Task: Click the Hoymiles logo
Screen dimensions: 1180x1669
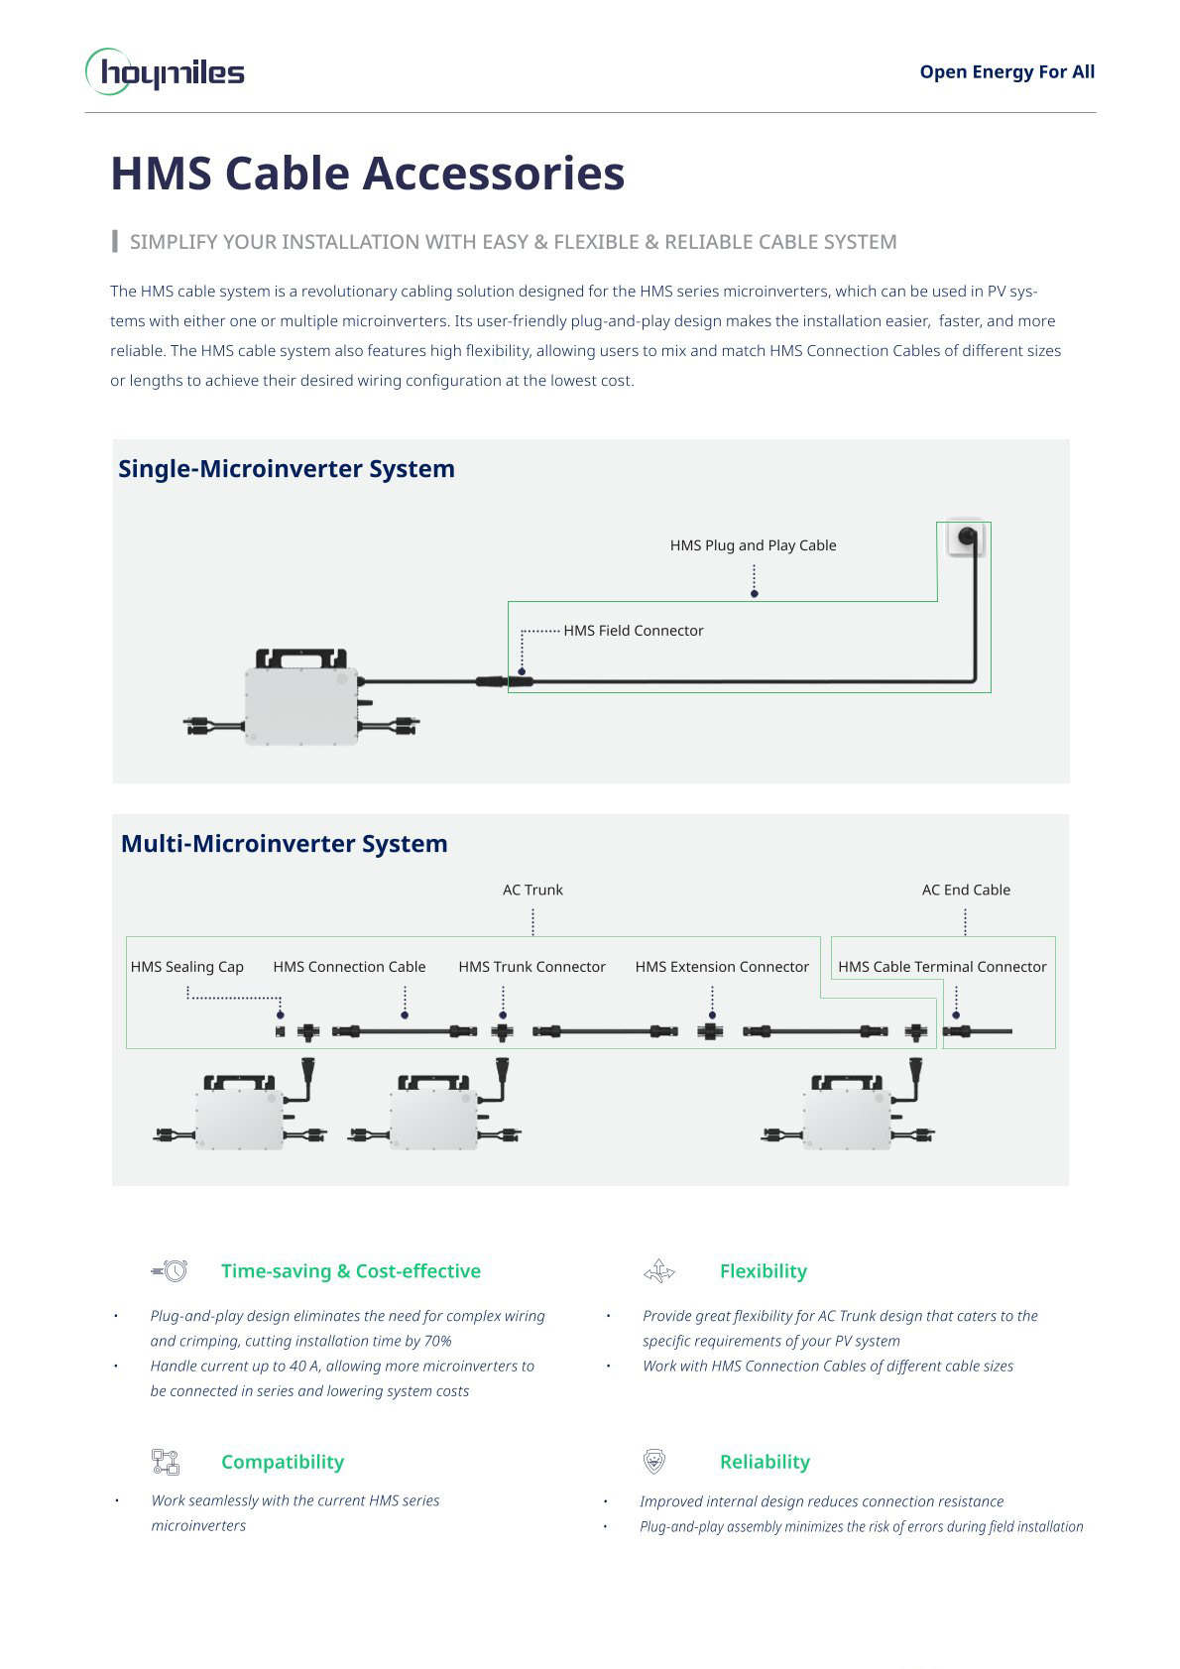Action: (165, 71)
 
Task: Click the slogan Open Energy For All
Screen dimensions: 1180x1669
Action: (1006, 72)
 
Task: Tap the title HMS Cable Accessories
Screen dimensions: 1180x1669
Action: (367, 173)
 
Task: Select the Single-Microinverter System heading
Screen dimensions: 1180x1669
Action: (286, 469)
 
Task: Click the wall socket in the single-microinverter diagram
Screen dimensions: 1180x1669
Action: (966, 537)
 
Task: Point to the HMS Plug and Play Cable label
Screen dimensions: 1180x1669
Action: (753, 545)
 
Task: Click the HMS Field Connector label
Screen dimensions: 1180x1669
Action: (634, 631)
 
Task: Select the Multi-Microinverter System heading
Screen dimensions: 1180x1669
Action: (284, 844)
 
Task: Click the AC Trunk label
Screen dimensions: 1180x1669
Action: (532, 890)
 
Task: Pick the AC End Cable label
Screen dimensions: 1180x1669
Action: (966, 890)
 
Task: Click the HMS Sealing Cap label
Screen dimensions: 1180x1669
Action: (187, 966)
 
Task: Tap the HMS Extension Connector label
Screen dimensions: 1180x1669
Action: (722, 966)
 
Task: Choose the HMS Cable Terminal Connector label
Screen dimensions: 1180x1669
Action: (942, 966)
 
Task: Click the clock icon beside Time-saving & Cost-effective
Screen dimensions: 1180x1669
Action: (170, 1270)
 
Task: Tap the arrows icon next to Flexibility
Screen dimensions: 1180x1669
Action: (659, 1271)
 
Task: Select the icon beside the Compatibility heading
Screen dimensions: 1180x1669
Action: (166, 1461)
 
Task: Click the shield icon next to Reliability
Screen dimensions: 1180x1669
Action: (654, 1461)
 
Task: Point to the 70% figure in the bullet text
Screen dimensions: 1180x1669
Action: (438, 1341)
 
